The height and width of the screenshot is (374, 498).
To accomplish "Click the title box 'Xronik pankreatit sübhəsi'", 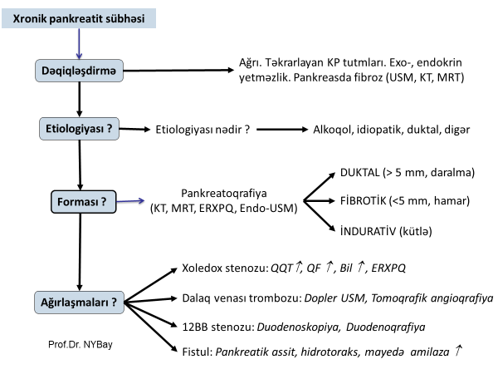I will point(75,17).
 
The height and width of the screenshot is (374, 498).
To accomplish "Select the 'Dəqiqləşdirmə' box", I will point(79,72).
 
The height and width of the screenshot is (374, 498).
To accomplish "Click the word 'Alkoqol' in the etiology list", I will point(332,130).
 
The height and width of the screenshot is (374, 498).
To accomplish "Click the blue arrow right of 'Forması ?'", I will point(134,202).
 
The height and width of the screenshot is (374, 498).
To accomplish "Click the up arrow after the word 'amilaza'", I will point(457,351).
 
